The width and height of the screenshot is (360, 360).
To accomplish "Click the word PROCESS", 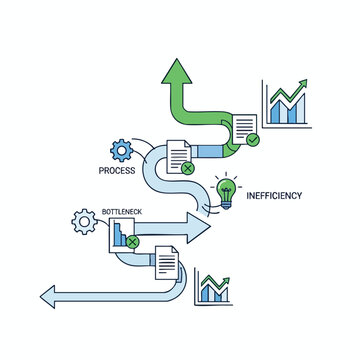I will pyautogui.click(x=117, y=171).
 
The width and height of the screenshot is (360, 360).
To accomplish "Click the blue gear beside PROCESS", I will pyautogui.click(x=122, y=151).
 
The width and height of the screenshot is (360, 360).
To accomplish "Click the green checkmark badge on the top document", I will pyautogui.click(x=253, y=140).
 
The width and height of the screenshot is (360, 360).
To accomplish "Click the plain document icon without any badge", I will pyautogui.click(x=165, y=265).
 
